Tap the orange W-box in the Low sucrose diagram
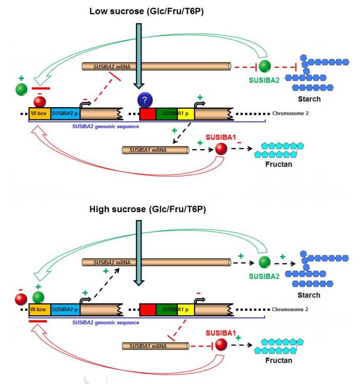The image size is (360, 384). [x=39, y=114]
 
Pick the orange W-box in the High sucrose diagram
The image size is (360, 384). [x=39, y=310]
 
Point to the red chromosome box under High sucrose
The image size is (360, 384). [x=147, y=310]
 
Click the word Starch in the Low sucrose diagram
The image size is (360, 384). [x=309, y=99]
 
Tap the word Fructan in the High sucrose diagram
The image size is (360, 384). [x=279, y=360]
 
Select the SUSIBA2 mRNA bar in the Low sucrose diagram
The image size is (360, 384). [x=156, y=67]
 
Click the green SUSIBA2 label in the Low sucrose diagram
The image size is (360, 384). [x=265, y=80]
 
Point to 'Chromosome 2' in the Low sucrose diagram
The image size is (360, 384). [x=291, y=114]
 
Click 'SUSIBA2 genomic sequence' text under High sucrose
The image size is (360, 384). [x=105, y=323]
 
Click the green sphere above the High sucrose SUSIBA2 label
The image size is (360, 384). [x=265, y=263]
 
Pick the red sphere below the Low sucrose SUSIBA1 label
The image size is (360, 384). [x=222, y=149]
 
